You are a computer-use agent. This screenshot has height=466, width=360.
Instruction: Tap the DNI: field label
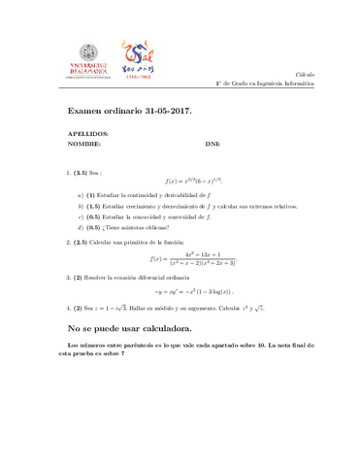point(213,143)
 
